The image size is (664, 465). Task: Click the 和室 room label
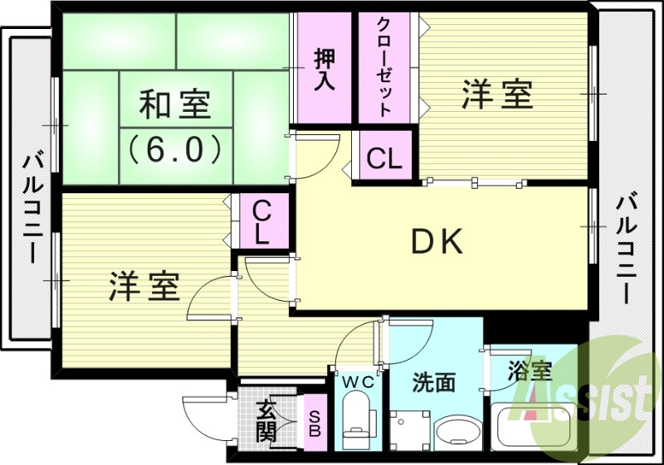(174, 105)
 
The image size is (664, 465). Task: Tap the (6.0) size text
(174, 148)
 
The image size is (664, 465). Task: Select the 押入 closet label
(325, 70)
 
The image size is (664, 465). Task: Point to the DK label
(437, 241)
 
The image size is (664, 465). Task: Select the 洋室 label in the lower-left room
(144, 286)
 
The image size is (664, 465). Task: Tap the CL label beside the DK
(384, 157)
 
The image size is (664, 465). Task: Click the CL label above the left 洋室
(261, 220)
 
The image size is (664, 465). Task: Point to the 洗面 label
(434, 383)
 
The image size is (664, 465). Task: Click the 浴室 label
(531, 371)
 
